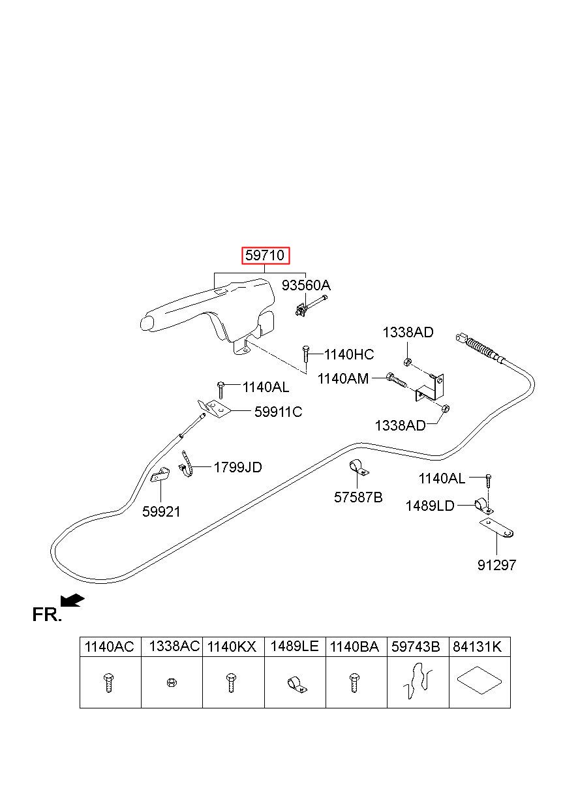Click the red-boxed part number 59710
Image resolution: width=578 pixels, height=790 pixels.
coord(266,255)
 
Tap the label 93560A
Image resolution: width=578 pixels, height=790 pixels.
coord(306,285)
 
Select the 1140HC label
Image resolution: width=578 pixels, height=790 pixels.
coord(349,354)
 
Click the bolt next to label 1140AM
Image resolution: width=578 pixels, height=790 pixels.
coord(397,379)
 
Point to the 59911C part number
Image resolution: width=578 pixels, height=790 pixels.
coord(279,412)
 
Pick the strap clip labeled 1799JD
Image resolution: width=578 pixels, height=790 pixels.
coord(187,464)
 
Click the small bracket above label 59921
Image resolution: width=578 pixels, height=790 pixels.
coord(160,474)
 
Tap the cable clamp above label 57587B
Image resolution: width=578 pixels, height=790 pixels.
coord(359,468)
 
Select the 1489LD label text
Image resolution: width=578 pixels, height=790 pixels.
coord(430,506)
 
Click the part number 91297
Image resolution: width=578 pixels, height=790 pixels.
coord(496,566)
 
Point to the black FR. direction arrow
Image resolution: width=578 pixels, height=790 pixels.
coord(72,600)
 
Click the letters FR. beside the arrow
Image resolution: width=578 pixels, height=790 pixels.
coord(47,615)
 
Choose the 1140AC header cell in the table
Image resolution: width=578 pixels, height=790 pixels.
coord(110,647)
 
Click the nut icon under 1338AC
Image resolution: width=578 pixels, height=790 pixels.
coord(172,682)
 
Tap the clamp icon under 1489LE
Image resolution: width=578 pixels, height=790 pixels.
coord(297,684)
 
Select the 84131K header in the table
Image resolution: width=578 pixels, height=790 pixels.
coord(477,647)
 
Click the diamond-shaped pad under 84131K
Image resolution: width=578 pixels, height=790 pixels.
coord(479,680)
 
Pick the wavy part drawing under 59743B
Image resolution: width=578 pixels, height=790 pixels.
coord(418,680)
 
